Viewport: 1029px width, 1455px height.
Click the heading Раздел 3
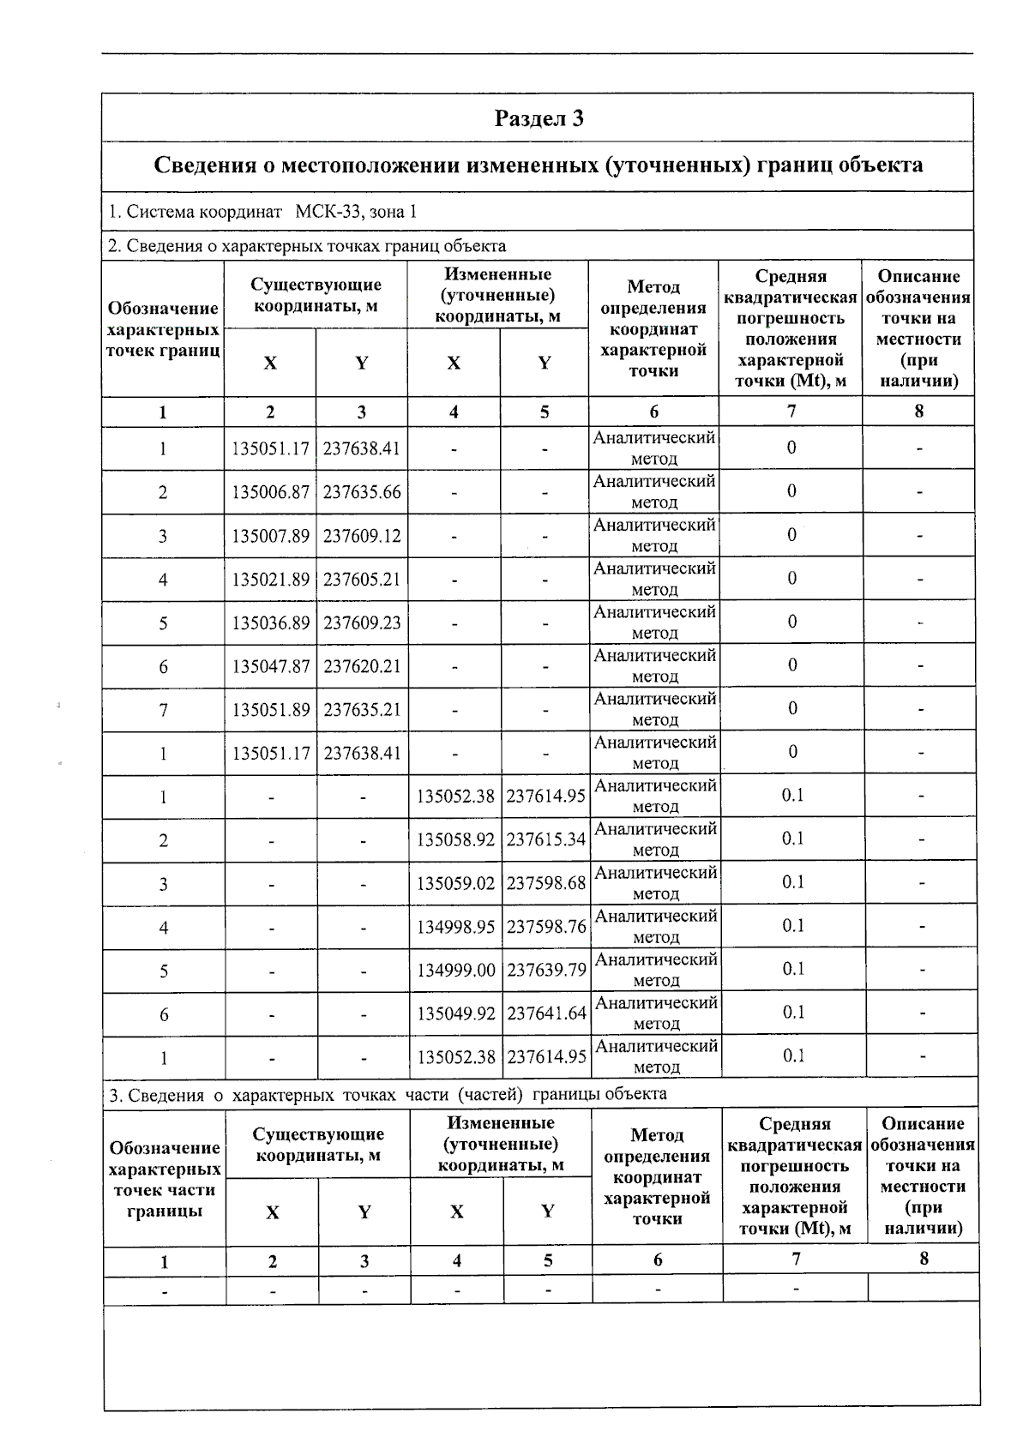tap(539, 118)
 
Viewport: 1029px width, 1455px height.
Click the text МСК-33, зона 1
tap(356, 212)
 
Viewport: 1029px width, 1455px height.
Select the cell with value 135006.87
tap(270, 492)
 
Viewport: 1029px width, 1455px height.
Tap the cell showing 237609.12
tap(362, 536)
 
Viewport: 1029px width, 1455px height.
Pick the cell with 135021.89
tap(270, 580)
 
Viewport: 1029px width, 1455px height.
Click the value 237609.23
tap(362, 623)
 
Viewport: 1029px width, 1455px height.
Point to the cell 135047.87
tap(270, 666)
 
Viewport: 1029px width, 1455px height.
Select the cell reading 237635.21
tap(362, 710)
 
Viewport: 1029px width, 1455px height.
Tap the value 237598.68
tap(546, 883)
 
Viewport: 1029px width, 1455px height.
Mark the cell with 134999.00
tap(455, 971)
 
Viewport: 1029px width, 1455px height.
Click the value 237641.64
tap(546, 1013)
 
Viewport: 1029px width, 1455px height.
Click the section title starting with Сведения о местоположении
tap(539, 165)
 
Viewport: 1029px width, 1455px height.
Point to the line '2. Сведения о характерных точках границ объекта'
tap(307, 246)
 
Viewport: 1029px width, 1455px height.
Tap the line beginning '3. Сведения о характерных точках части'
tap(387, 1094)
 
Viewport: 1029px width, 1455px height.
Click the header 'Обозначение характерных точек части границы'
tap(165, 1179)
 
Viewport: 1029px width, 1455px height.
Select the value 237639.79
tap(546, 971)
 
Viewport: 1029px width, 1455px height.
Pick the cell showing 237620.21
tap(362, 666)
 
